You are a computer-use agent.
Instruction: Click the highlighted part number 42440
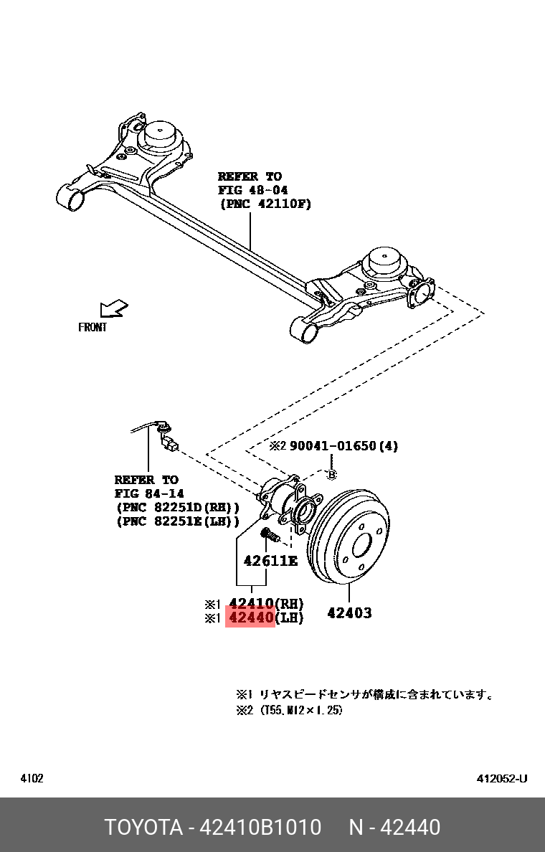tap(250, 617)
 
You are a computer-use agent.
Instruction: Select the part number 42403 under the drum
tap(349, 613)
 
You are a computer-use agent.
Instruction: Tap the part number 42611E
tap(270, 561)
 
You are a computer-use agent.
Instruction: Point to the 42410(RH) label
tap(266, 603)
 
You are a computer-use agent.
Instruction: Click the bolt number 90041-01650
tap(333, 446)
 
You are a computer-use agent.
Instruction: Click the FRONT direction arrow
tap(113, 309)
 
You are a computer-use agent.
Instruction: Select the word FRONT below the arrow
tap(93, 328)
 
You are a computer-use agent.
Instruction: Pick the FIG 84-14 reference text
tap(149, 493)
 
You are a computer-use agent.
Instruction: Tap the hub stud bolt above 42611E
tap(270, 536)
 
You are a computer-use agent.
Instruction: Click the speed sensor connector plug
tap(171, 446)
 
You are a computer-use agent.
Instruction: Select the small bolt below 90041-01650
tap(331, 474)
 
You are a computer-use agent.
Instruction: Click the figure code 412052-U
tap(502, 779)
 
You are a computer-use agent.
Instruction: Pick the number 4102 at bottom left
tap(32, 779)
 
